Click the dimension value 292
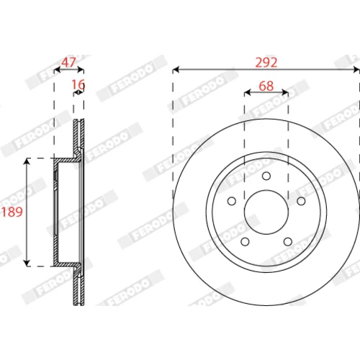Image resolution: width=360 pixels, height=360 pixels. coord(266,63)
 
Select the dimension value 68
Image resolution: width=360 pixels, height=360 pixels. coord(266,86)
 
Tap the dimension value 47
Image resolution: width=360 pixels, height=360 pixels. coord(68,63)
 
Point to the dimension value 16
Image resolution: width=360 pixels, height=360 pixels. coord(78,84)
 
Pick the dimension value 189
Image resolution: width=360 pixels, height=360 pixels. coord(12,212)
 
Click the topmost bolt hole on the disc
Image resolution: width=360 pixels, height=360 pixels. coord(266,176)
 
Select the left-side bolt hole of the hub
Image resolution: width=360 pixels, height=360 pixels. coord(232,201)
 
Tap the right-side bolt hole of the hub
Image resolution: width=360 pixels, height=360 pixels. coord(301,201)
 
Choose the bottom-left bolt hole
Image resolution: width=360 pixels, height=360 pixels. coord(245,242)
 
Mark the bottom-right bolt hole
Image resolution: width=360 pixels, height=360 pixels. coord(288,242)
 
